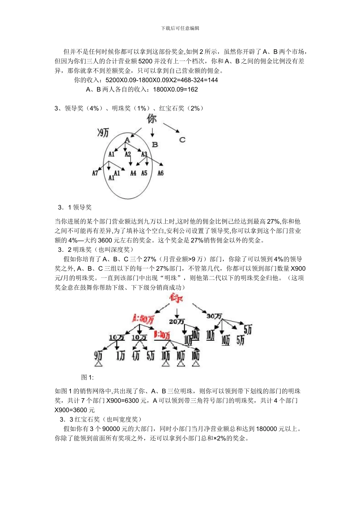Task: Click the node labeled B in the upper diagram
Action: click(155, 144)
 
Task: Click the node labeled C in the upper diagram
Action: click(182, 140)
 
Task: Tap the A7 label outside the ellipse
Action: click(95, 173)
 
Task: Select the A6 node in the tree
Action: click(160, 173)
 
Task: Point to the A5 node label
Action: click(144, 173)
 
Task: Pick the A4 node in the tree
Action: click(133, 173)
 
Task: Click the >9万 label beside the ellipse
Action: click(103, 133)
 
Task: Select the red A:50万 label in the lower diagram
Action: click(143, 319)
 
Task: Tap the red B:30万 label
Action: click(162, 335)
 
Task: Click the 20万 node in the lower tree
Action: click(177, 322)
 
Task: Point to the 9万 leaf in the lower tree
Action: click(98, 355)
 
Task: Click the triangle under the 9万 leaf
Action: click(99, 364)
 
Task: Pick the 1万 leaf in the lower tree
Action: click(121, 355)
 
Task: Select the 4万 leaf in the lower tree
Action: click(136, 355)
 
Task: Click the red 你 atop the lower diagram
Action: click(177, 298)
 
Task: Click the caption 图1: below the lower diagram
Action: click(87, 377)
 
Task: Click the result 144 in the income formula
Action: click(213, 80)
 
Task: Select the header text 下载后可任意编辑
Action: click(180, 28)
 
